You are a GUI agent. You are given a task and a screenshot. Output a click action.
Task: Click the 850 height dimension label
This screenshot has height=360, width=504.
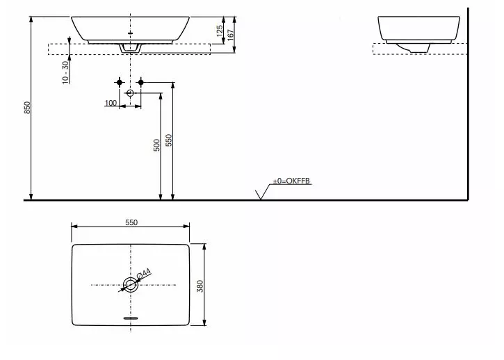pos(27,108)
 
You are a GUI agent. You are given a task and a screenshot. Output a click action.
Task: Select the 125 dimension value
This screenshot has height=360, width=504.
pos(219,30)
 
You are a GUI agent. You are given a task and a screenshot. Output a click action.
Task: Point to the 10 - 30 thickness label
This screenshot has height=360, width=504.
pos(64,72)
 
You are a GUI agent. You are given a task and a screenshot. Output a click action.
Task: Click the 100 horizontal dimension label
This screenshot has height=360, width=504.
pos(111,103)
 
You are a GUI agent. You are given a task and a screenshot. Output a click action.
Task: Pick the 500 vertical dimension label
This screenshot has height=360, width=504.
pos(157,145)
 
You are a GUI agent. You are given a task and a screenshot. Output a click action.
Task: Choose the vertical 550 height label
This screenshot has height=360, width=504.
pos(169,140)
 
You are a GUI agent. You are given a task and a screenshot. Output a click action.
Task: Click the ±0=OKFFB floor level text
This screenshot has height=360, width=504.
pos(291,181)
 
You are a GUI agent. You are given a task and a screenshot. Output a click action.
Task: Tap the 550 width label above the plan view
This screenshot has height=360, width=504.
pos(131,222)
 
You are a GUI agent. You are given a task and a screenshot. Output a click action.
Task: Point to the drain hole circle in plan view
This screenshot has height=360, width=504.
pos(130,284)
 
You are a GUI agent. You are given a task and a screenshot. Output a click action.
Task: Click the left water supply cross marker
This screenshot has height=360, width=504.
pos(120,83)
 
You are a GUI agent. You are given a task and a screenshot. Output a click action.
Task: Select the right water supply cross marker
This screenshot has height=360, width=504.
pos(141,83)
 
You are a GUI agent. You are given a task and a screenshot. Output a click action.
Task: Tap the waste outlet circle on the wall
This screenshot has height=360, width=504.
pos(130,92)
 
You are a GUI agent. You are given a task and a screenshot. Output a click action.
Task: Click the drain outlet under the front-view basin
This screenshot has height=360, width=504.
pos(131,48)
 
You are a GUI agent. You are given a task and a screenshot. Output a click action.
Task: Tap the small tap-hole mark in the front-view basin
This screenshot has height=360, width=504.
pos(131,32)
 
